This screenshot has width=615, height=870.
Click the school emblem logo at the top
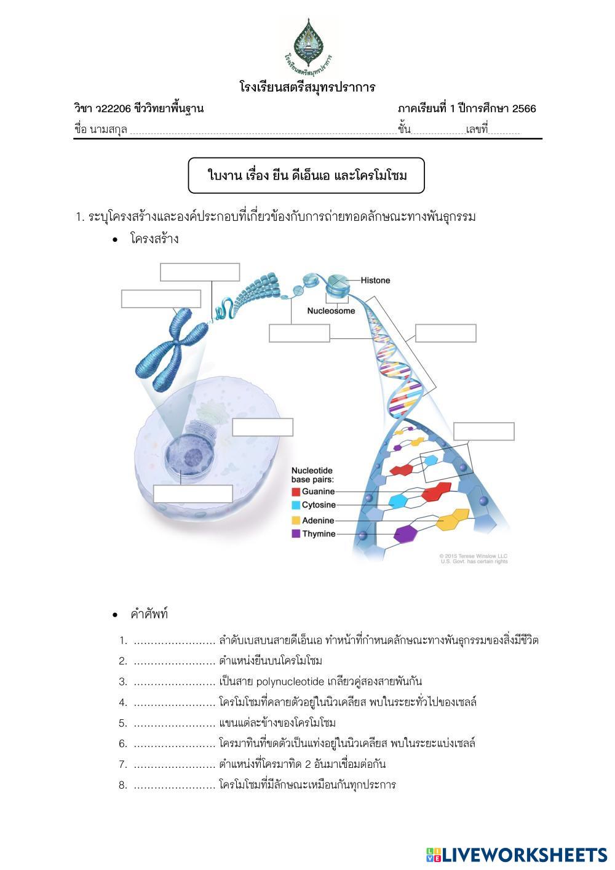[x=307, y=45]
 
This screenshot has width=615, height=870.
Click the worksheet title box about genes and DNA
[x=306, y=176]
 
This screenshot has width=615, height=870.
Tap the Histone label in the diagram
[x=375, y=281]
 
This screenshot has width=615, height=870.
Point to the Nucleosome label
[x=331, y=311]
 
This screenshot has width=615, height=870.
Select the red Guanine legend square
[x=296, y=492]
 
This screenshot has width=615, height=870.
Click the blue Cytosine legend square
[x=296, y=505]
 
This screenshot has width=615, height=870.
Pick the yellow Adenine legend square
[x=296, y=521]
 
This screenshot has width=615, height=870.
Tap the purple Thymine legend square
[x=296, y=534]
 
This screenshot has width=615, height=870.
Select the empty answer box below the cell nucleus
[x=192, y=493]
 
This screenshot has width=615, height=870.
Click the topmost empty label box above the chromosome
[x=200, y=272]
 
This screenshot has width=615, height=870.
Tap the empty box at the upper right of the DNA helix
[x=445, y=333]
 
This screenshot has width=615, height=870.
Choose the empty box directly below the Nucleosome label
[x=300, y=333]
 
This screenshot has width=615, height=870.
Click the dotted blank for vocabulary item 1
[x=174, y=641]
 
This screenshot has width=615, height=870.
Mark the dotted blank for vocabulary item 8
[x=174, y=785]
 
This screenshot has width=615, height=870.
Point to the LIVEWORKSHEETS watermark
[x=516, y=855]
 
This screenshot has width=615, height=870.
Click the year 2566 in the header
[x=524, y=109]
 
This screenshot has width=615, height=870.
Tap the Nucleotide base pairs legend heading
[x=312, y=474]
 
